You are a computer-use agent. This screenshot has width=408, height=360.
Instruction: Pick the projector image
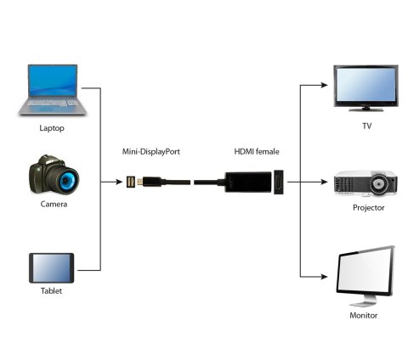(x=364, y=183)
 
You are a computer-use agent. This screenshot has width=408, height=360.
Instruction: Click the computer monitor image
(x=365, y=274)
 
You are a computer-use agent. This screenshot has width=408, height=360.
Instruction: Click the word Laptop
(x=51, y=129)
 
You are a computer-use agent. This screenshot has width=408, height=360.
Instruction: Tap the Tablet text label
(x=51, y=290)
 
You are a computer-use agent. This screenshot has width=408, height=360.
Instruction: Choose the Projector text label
(x=368, y=207)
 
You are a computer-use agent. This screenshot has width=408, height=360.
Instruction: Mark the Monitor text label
(x=363, y=315)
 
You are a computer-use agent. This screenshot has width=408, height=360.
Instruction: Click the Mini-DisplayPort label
(x=151, y=152)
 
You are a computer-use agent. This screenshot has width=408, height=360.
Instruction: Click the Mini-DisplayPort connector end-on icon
(x=131, y=182)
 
